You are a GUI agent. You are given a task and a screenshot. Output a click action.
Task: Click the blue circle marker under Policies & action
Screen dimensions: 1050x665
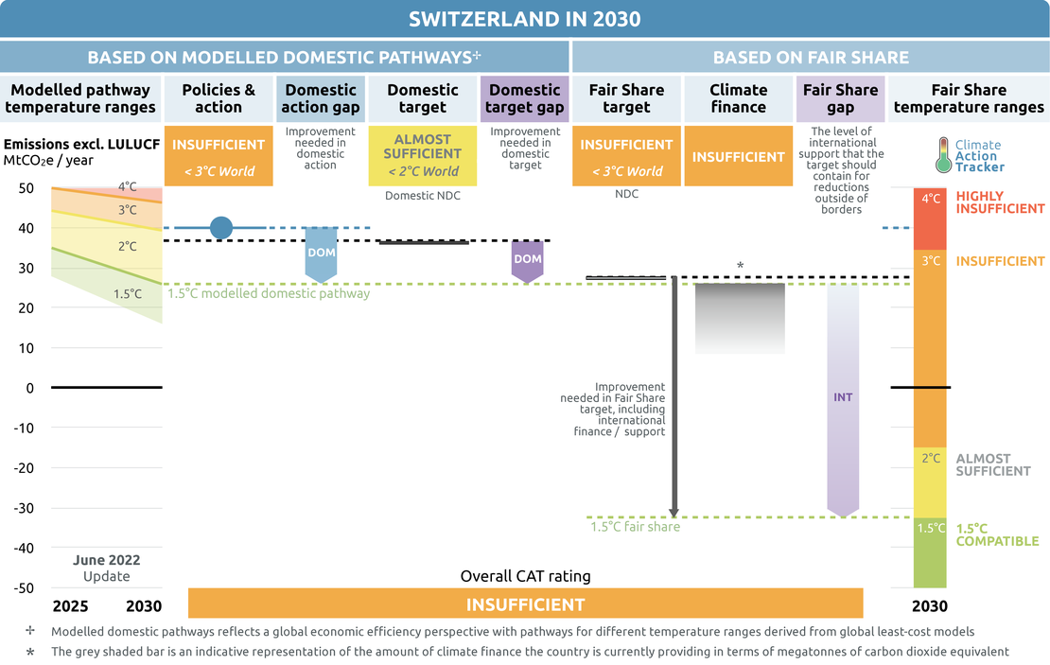click(x=221, y=228)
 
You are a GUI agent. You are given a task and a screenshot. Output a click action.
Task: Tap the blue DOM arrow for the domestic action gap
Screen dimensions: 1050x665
click(x=321, y=254)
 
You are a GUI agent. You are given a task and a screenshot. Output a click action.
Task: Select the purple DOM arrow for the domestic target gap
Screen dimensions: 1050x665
click(x=527, y=261)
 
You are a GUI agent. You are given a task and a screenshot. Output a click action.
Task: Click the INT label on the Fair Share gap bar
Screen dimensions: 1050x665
click(x=843, y=397)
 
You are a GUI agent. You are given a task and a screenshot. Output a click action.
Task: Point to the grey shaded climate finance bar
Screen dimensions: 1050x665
click(x=740, y=319)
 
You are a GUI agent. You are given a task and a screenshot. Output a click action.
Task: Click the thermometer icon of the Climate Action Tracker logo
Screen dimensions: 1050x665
click(x=943, y=155)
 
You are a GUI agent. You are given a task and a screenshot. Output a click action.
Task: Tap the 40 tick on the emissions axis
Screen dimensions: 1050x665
click(x=26, y=228)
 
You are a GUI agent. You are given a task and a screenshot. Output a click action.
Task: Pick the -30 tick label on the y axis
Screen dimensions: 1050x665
click(x=24, y=508)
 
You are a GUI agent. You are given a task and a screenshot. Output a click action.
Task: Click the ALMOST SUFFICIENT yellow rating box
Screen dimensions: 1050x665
click(x=423, y=155)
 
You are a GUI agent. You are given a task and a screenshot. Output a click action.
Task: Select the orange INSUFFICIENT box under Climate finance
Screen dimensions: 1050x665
click(x=739, y=156)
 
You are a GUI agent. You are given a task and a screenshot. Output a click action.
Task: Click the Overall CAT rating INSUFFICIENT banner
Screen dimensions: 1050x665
click(x=526, y=604)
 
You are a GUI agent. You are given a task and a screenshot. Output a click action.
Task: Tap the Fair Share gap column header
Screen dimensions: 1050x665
click(x=840, y=98)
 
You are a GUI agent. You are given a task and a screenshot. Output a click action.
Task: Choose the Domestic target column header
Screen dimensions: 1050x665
click(x=423, y=98)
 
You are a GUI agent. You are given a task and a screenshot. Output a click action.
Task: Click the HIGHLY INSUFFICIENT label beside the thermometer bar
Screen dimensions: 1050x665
click(x=1000, y=202)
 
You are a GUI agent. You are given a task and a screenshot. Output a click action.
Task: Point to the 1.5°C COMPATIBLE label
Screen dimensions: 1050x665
click(x=997, y=534)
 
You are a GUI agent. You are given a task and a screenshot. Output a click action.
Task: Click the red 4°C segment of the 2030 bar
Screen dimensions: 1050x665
click(x=930, y=219)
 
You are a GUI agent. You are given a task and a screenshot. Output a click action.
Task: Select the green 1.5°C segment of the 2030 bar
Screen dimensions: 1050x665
click(x=930, y=552)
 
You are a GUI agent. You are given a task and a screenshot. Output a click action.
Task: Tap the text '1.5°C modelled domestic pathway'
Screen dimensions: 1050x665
click(x=269, y=293)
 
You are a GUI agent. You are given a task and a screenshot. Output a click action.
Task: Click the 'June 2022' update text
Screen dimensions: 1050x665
click(x=107, y=560)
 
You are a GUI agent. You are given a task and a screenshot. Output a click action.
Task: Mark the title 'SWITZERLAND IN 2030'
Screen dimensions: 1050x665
click(x=525, y=19)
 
